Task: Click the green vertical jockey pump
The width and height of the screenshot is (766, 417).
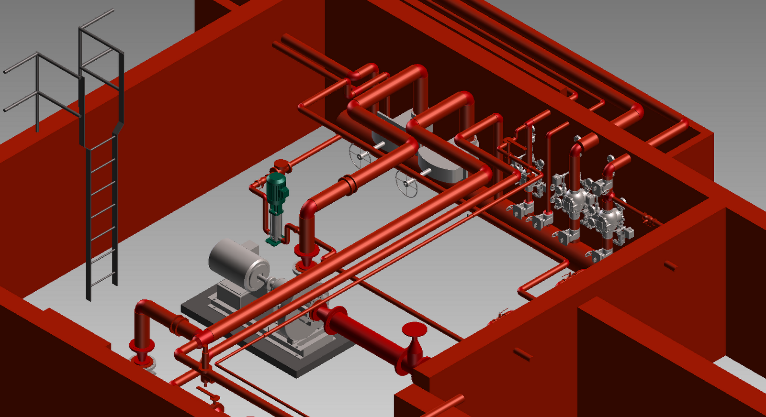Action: (276, 206)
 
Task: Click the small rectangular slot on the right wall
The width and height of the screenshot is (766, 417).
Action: (670, 265)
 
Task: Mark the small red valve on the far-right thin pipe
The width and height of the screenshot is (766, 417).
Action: (648, 219)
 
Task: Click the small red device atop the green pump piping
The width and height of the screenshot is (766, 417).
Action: (281, 167)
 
